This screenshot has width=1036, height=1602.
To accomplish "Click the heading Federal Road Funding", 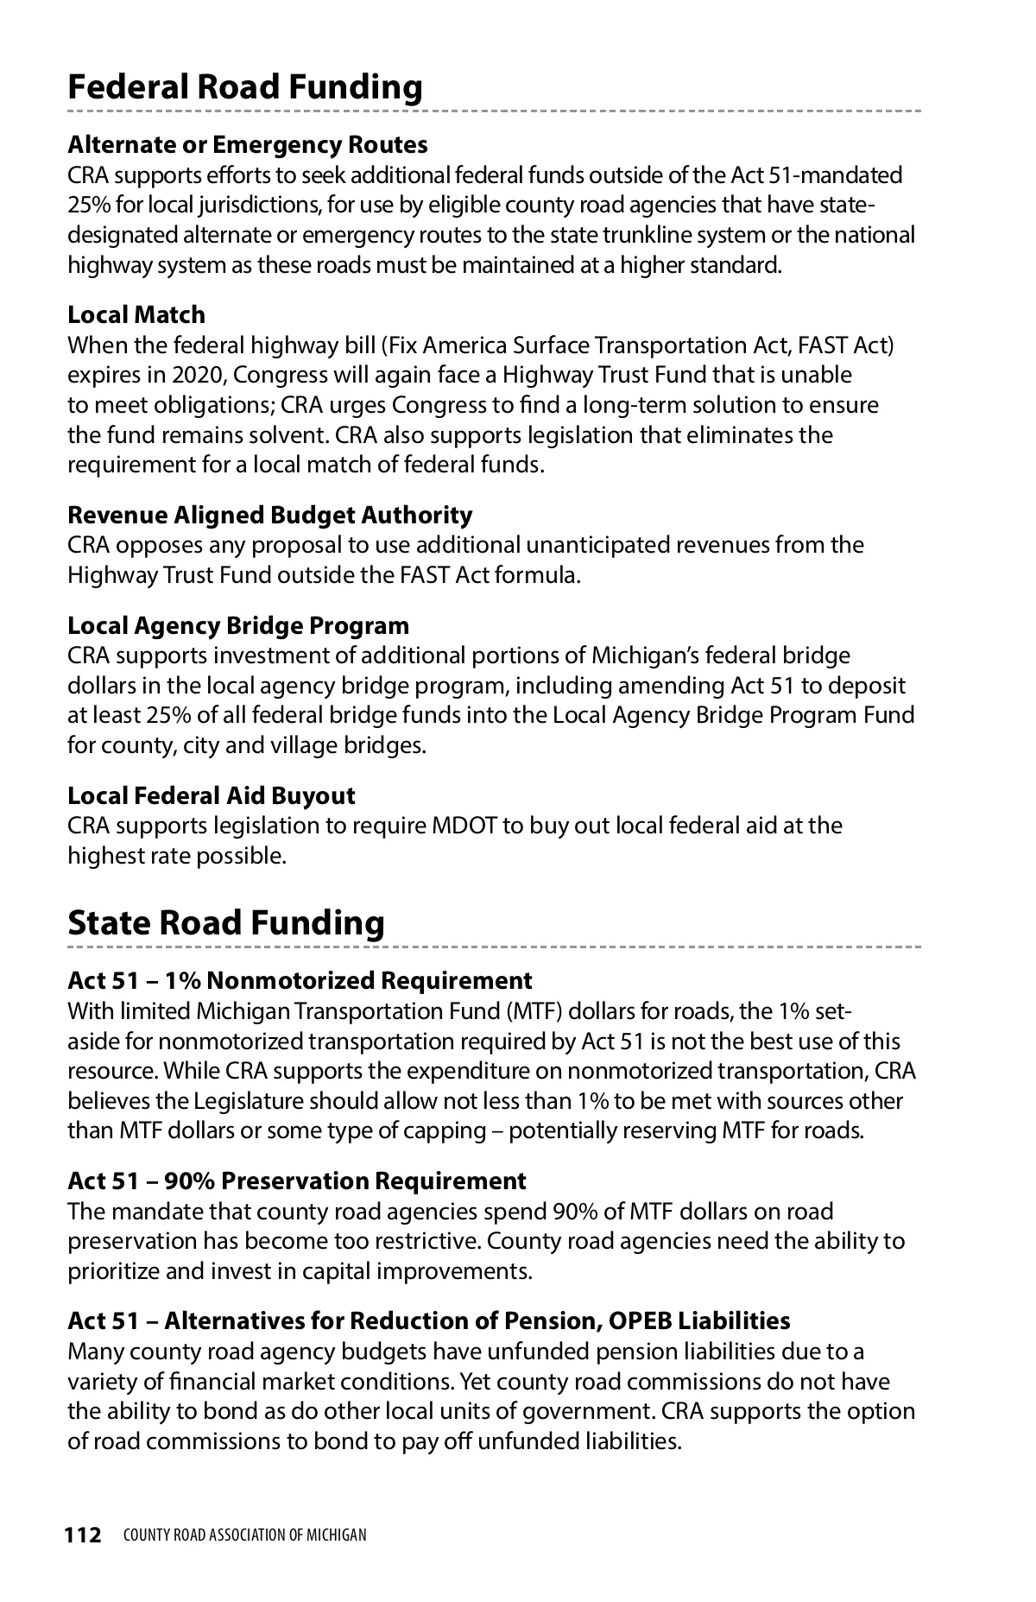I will click(245, 87).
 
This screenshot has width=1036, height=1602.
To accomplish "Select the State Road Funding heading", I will click(226, 922).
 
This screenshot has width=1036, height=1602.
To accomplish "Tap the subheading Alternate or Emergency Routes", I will click(248, 144).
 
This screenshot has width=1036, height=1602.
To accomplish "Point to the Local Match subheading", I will click(136, 314).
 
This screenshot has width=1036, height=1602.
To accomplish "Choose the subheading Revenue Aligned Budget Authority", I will click(270, 515).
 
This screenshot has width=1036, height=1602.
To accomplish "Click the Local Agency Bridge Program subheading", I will click(238, 625).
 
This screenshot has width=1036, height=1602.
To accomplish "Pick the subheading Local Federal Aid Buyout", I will click(212, 795).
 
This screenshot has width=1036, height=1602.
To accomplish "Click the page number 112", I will click(83, 1535).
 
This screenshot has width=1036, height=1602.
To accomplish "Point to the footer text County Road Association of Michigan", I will click(245, 1535).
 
